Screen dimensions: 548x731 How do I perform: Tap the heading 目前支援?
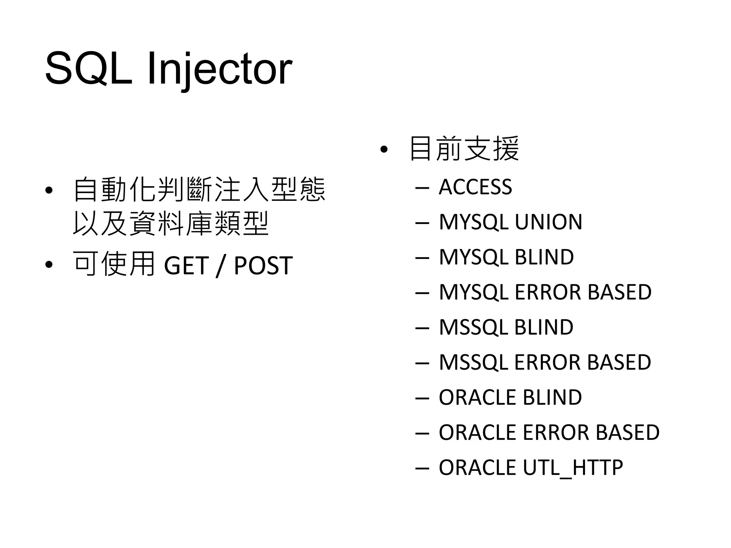(x=464, y=148)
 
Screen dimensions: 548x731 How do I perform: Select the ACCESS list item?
(x=475, y=187)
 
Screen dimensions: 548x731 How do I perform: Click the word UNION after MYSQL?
(x=548, y=222)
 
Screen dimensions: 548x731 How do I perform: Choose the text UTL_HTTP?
(x=573, y=468)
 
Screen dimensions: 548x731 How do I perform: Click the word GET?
(x=186, y=265)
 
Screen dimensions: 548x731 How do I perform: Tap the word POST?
(x=263, y=265)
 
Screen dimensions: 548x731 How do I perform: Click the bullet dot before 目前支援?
(x=384, y=149)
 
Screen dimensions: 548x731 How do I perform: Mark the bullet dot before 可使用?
(x=49, y=265)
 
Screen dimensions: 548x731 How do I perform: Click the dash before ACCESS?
(x=422, y=187)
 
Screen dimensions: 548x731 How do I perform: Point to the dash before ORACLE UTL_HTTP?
(x=422, y=468)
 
